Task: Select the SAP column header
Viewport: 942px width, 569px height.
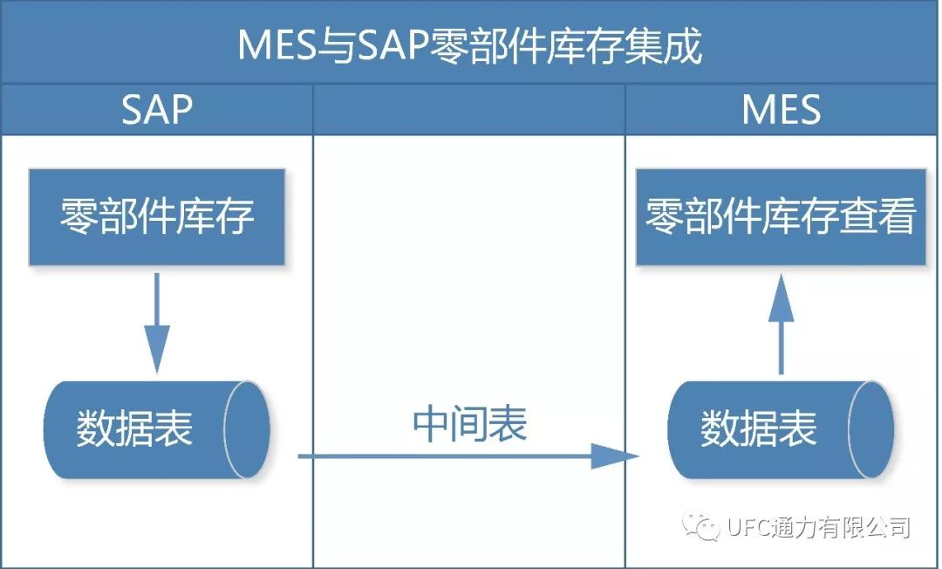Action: click(157, 110)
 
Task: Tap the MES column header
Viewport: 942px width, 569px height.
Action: click(782, 110)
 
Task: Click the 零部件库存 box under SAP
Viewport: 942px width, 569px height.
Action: click(157, 216)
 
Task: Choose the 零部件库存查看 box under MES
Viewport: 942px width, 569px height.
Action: click(781, 216)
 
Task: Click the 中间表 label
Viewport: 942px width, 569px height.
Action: click(469, 425)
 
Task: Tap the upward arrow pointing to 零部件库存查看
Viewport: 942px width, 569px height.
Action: click(781, 323)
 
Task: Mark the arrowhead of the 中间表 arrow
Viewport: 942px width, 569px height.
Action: click(616, 456)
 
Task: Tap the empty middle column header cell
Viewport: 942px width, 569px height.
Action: click(469, 110)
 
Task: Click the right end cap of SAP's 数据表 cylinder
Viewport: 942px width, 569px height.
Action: click(246, 429)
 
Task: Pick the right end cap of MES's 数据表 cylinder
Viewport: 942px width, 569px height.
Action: click(870, 429)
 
